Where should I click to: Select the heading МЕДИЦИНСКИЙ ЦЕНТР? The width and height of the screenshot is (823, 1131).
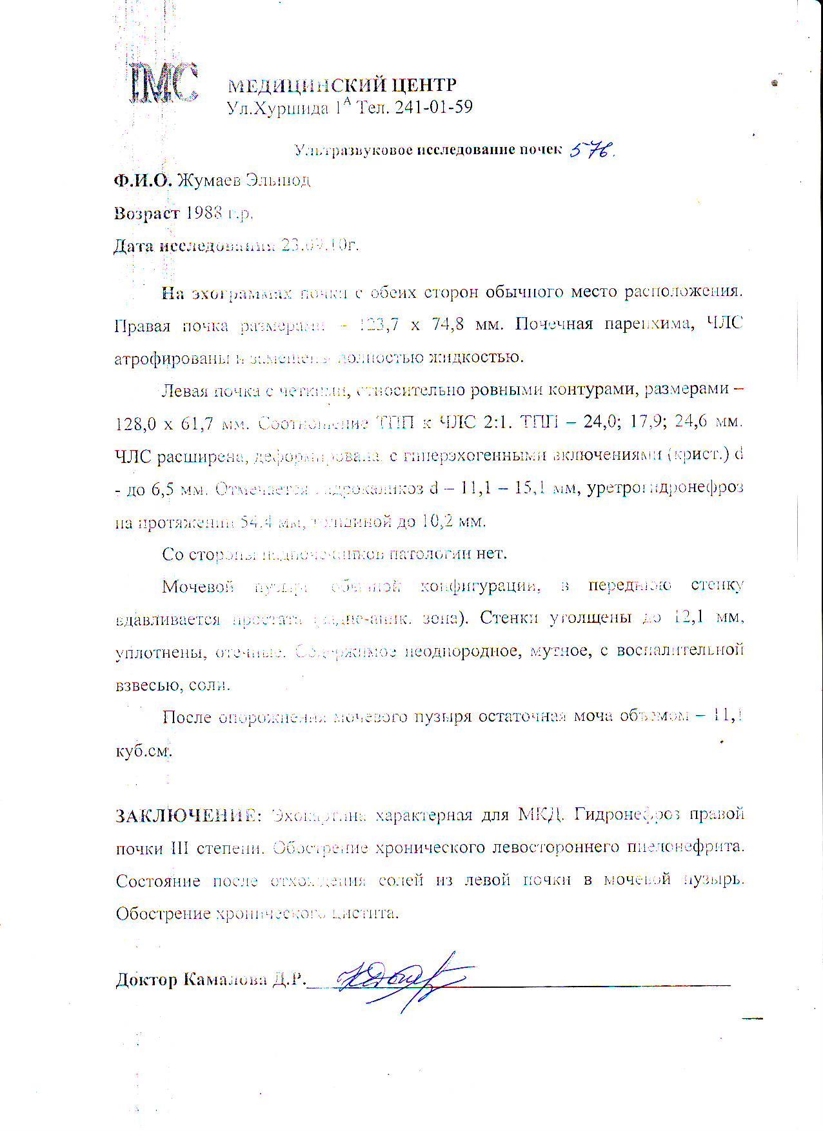pyautogui.click(x=342, y=85)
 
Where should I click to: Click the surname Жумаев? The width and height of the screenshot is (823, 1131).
pyautogui.click(x=208, y=181)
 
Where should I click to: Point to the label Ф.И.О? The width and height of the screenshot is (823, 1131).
pyautogui.click(x=143, y=181)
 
